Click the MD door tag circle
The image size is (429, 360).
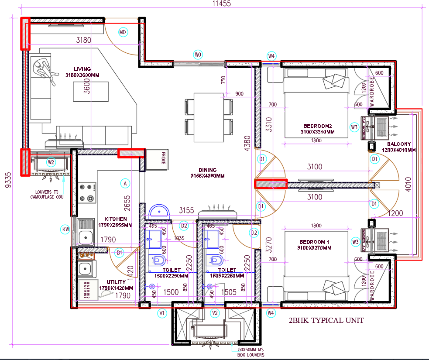[123, 32]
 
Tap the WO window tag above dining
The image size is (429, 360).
[198, 55]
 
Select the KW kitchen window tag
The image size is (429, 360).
[65, 229]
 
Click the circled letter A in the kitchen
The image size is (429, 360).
[125, 184]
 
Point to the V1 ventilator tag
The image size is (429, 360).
[162, 313]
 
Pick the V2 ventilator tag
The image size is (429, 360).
[214, 313]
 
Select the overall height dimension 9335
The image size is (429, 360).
[7, 179]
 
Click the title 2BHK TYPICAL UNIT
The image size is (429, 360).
[326, 321]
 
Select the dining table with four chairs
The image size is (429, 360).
[209, 117]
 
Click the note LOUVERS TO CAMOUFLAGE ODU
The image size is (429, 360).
[47, 194]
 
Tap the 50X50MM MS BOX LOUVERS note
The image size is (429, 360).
[251, 352]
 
